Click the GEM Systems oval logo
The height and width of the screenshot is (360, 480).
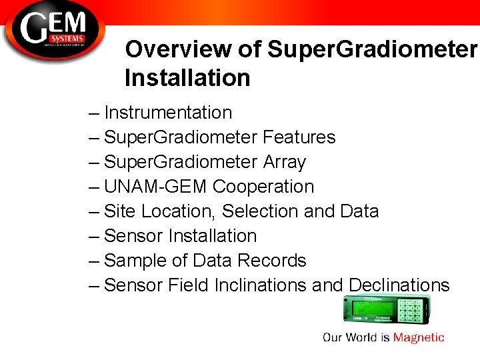(x=53, y=30)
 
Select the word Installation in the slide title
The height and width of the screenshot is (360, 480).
(x=187, y=78)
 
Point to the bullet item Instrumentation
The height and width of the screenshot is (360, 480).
(x=168, y=113)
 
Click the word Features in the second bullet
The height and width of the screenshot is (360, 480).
(x=299, y=137)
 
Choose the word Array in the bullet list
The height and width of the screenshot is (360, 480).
(x=284, y=162)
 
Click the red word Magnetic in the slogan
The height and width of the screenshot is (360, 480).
(x=419, y=337)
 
